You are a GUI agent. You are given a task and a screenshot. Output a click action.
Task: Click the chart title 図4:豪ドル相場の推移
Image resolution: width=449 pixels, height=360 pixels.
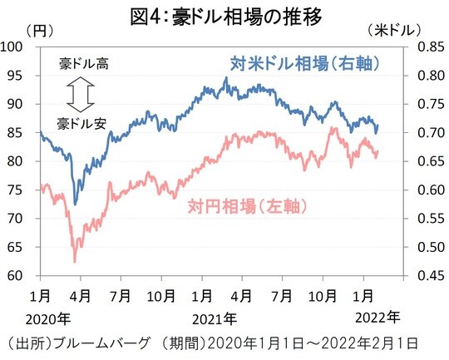point(224,14)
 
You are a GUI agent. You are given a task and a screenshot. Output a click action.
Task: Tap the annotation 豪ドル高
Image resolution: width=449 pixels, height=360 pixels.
point(81,64)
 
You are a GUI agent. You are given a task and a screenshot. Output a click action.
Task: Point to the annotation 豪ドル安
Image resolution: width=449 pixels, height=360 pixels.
point(81,123)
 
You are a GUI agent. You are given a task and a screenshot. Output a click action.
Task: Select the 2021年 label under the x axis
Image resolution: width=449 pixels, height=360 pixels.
point(220,317)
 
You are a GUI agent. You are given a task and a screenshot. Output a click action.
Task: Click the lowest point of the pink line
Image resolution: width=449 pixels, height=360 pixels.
point(75,262)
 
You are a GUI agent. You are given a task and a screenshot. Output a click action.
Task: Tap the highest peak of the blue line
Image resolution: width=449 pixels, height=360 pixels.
point(226,78)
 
